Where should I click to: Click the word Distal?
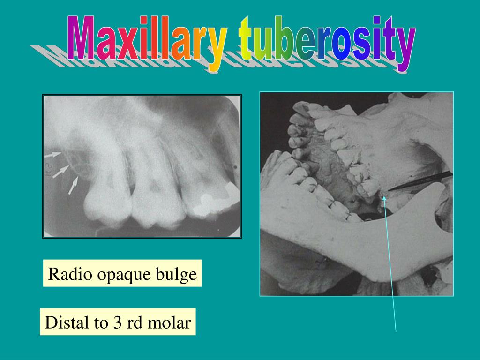[x=67, y=322]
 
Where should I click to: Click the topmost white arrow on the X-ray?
[x=54, y=154]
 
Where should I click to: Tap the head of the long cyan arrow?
[x=384, y=199]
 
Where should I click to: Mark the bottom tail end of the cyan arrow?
[x=396, y=331]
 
